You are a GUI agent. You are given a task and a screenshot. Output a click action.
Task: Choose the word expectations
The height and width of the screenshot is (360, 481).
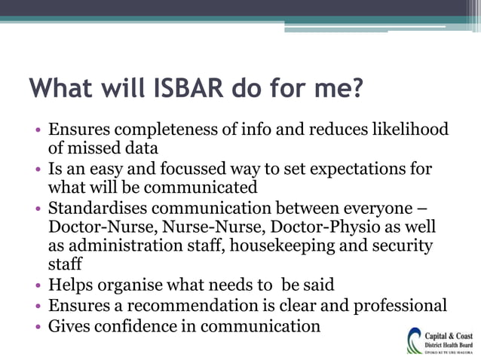click(x=353, y=168)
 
